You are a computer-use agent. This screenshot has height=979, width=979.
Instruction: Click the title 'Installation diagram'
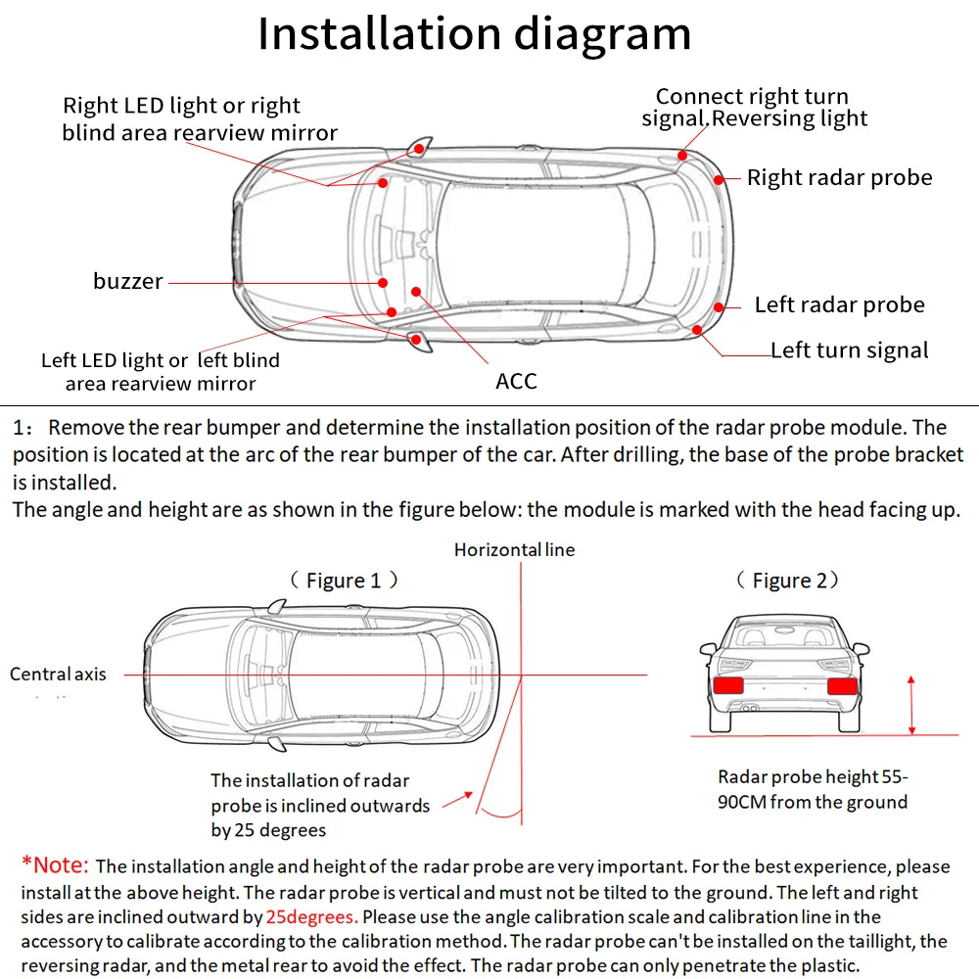click(x=474, y=33)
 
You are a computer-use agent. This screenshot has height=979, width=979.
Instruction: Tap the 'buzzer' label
click(x=128, y=282)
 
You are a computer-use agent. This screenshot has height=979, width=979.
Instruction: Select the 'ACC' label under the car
click(x=516, y=381)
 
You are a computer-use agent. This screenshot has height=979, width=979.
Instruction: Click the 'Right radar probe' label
click(x=839, y=177)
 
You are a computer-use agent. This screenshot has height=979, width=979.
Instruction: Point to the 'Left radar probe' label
click(x=839, y=304)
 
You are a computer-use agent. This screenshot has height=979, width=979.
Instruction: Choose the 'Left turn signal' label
click(x=849, y=350)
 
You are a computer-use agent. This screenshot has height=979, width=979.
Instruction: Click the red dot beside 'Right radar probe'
click(x=720, y=179)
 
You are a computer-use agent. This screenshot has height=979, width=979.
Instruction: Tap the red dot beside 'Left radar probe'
click(x=720, y=307)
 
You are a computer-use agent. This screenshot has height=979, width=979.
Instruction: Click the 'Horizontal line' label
click(x=514, y=550)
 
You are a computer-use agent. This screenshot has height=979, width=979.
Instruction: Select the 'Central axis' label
click(x=58, y=674)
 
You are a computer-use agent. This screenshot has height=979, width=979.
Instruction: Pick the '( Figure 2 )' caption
click(x=788, y=581)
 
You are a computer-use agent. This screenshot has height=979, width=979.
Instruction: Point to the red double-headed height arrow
click(x=912, y=704)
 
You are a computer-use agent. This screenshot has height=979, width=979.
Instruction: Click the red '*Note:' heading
click(x=55, y=865)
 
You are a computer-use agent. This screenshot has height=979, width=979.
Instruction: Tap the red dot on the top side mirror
click(x=418, y=150)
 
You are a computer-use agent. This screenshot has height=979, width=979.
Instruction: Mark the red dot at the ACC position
click(x=416, y=291)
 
